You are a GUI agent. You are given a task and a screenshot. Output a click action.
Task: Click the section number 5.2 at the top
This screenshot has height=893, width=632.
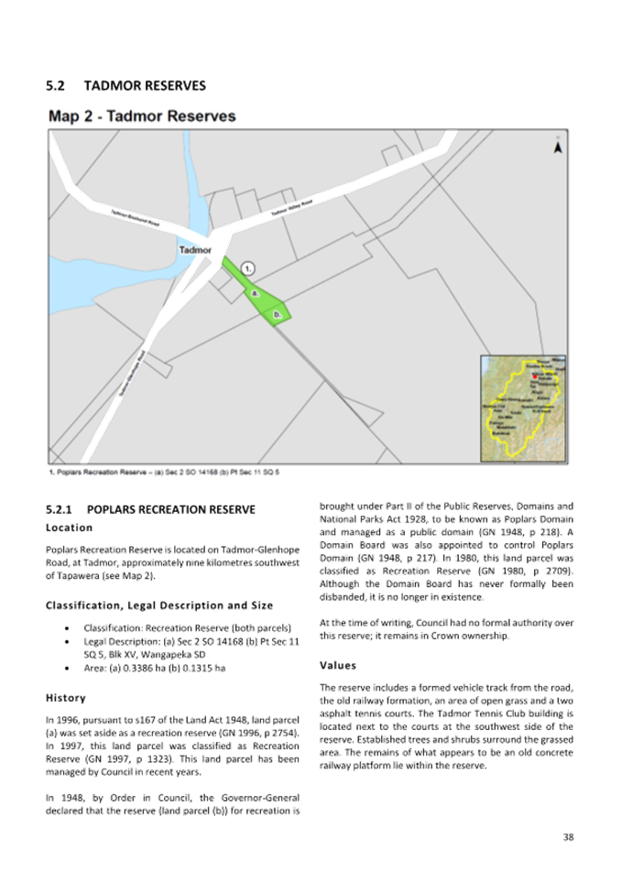(x=55, y=86)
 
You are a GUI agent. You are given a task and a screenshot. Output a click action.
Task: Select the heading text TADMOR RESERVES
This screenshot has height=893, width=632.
(x=146, y=86)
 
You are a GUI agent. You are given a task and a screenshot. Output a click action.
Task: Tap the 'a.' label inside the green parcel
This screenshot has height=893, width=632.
(x=255, y=293)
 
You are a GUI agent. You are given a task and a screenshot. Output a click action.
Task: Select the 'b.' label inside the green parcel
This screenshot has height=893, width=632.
(x=277, y=314)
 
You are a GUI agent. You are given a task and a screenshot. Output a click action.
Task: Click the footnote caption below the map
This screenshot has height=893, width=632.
(x=163, y=472)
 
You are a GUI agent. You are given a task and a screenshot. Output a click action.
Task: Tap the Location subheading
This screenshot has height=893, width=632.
(x=69, y=528)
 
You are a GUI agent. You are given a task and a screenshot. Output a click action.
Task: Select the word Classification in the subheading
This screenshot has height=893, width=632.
(x=79, y=605)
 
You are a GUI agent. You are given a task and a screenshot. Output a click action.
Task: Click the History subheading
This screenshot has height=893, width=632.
(x=64, y=697)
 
